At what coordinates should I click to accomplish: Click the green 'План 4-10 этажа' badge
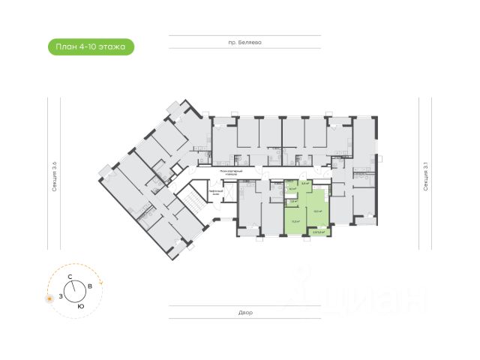pos(91,47)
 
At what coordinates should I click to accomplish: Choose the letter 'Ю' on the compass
pos(80,306)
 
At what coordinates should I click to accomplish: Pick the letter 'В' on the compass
pos(90,286)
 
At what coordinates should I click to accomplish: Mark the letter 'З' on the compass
pos(60,296)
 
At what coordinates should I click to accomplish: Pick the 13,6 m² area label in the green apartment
pos(295,222)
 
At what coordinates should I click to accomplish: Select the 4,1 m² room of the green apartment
pos(292,189)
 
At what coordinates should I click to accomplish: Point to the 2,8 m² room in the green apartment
pos(294,201)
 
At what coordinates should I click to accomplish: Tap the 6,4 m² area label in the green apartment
pos(305,183)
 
